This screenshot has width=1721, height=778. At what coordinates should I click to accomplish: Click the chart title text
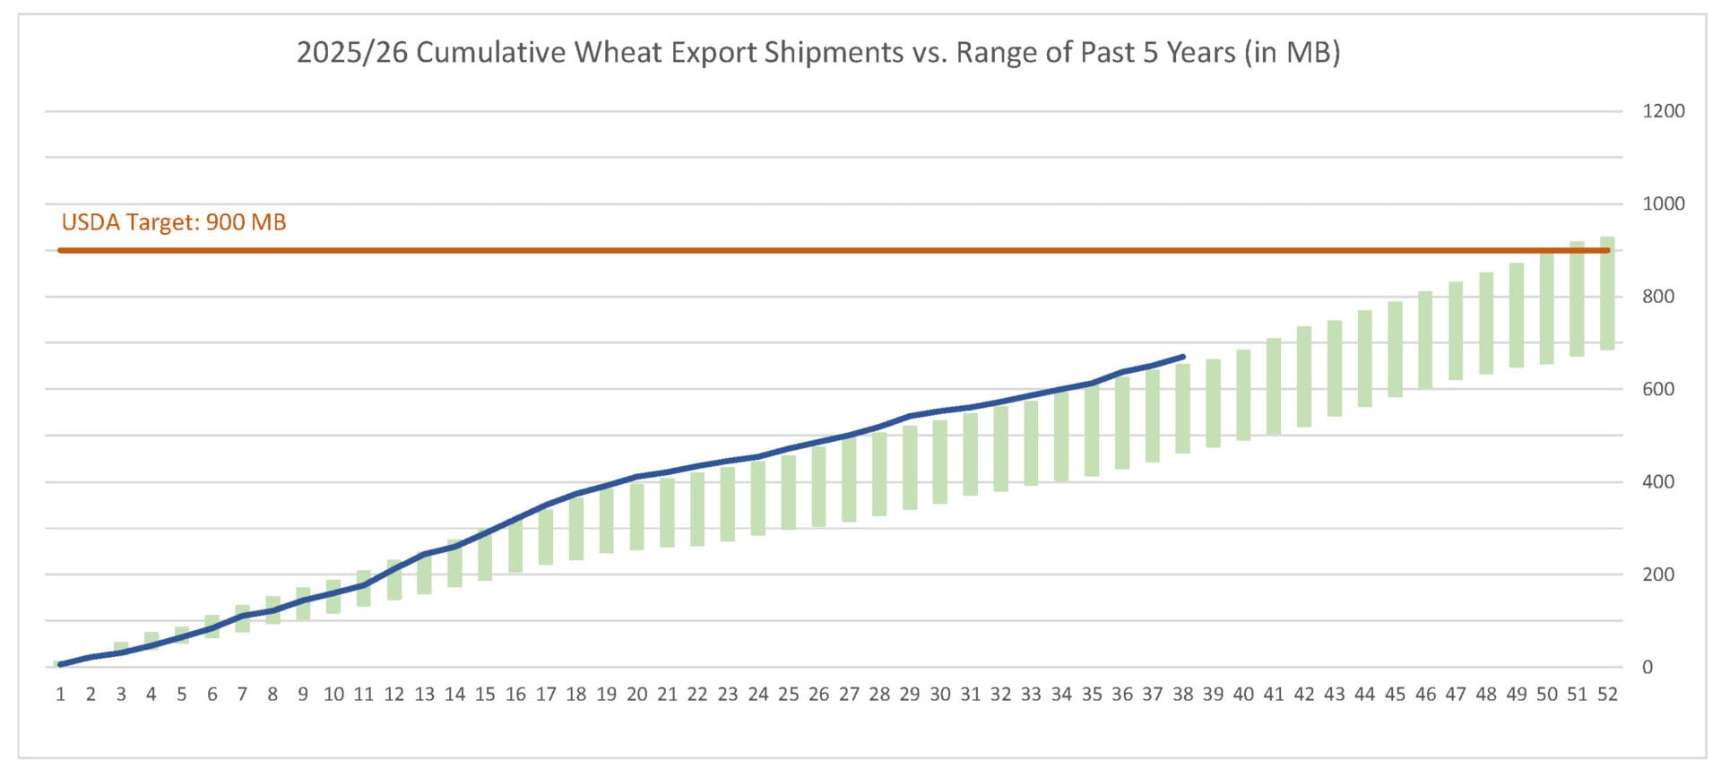[817, 52]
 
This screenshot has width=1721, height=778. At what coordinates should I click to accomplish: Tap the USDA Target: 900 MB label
[174, 222]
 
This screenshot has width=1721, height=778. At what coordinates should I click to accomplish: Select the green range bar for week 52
[1607, 293]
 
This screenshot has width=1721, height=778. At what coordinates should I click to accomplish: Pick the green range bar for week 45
[1395, 350]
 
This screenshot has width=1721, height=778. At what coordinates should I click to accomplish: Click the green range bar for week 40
[1243, 395]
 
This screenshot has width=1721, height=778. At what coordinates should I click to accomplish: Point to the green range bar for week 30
[940, 462]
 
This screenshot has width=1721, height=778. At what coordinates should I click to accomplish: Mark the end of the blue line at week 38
[1183, 357]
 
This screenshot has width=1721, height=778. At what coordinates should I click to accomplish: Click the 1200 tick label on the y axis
[1663, 111]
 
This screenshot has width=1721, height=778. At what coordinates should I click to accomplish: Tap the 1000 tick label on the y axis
[1663, 203]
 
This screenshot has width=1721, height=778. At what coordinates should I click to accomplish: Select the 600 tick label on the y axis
[1658, 389]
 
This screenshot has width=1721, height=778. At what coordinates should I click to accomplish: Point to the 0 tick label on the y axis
[1647, 667]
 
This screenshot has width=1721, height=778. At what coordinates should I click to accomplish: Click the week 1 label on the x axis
[61, 695]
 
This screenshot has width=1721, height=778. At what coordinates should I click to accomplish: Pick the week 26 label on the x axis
[818, 695]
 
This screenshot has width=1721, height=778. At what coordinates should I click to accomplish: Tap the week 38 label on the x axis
[1182, 695]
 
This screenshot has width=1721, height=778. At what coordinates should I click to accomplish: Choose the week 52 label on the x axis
[1607, 695]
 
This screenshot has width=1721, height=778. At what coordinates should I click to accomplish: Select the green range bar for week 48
[1486, 323]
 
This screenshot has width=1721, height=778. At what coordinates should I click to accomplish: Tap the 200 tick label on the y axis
[1658, 575]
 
